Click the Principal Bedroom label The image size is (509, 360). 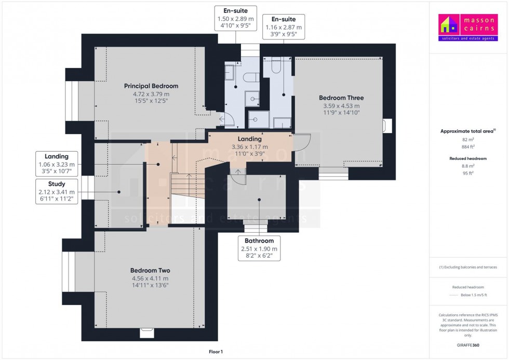point(151,86)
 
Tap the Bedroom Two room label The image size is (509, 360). point(150,271)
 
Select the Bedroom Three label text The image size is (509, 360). point(341,98)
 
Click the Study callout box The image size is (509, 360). point(57,192)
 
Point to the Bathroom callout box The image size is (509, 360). point(259,248)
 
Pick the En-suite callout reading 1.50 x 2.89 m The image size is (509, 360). point(236,18)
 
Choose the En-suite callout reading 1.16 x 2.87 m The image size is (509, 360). point(284,26)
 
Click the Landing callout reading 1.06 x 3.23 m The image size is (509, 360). point(57,164)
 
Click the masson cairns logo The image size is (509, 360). point(468,27)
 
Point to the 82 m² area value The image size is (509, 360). point(468,140)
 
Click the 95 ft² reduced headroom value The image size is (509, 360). point(468,173)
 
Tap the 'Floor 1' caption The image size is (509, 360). point(216,352)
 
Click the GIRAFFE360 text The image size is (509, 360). point(468,345)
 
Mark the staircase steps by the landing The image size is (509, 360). point(187,185)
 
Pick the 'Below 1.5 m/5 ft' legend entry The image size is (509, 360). point(474,295)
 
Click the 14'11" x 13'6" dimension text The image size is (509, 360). point(150,285)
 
